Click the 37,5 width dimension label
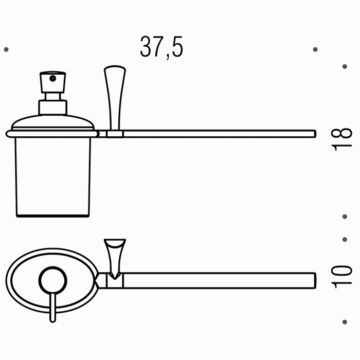pos(161,47)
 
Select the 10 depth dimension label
pos(341,277)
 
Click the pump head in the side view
pos(53,82)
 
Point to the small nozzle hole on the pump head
pos(53,79)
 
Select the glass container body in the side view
pos(53,177)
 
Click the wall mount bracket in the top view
pos(115,259)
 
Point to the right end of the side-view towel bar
pos(315,134)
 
